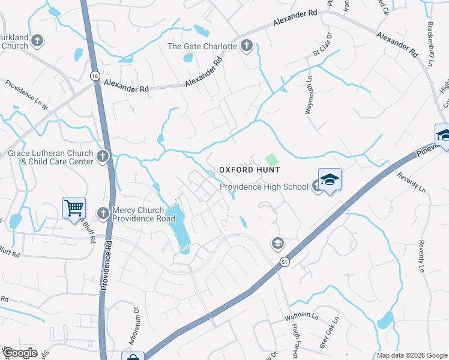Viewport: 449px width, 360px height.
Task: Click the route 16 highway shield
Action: point(94,76)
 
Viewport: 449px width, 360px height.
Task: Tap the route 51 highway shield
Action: point(283,262)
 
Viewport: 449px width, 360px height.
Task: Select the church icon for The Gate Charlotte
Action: point(246,46)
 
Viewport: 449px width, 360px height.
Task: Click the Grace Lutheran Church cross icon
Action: point(103,157)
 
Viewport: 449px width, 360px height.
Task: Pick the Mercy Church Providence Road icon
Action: point(103,213)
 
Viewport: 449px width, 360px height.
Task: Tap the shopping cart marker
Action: point(74,208)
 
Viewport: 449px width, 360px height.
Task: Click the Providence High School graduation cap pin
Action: point(330,179)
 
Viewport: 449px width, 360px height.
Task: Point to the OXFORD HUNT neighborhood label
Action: point(249,170)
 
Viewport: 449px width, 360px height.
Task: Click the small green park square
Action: point(271,159)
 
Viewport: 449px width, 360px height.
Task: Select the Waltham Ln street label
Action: point(302,316)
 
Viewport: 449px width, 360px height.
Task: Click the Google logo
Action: point(20,353)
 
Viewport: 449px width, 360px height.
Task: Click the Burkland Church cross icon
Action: point(37,41)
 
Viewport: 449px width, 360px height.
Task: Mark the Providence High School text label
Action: point(264,187)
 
